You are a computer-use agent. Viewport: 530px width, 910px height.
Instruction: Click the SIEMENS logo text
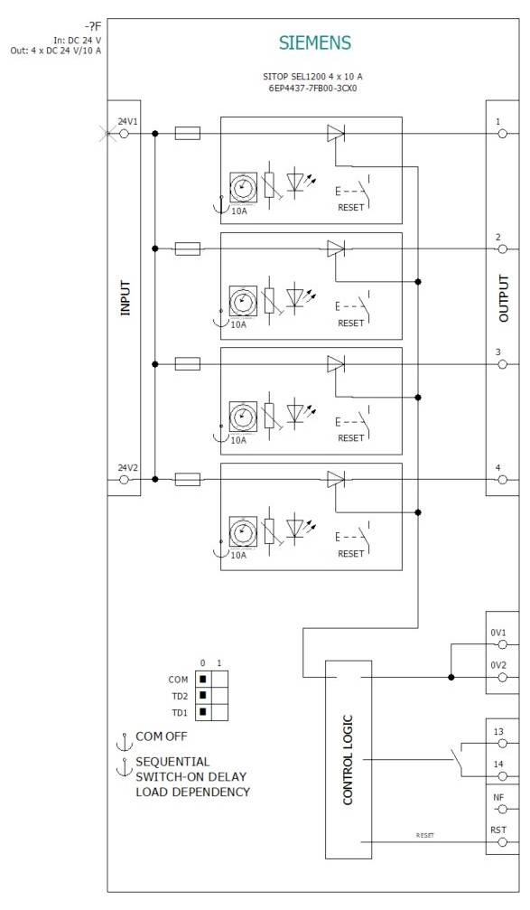tap(314, 42)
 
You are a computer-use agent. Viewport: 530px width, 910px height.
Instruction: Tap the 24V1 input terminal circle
tap(124, 134)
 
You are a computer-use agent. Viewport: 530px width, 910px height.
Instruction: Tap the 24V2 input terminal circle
tap(124, 480)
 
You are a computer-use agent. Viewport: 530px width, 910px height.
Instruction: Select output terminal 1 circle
tap(503, 134)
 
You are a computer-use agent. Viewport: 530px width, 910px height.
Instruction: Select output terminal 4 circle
tap(503, 480)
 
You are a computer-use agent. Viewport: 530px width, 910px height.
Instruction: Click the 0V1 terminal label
tap(499, 633)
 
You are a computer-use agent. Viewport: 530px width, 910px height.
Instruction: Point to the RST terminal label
tap(498, 829)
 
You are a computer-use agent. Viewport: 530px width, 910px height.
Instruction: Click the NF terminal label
tap(498, 797)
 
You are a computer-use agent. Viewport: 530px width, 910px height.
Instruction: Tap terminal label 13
tap(498, 732)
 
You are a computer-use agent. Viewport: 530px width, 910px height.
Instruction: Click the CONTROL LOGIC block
tap(348, 759)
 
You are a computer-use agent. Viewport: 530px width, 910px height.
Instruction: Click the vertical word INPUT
tap(125, 298)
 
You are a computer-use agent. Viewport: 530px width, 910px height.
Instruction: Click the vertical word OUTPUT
tap(504, 298)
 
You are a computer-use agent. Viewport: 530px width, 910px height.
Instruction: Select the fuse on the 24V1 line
tap(187, 134)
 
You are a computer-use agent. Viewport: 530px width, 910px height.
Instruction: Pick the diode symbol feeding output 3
tap(336, 364)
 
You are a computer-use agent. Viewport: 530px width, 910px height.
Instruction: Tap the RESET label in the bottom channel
tap(351, 553)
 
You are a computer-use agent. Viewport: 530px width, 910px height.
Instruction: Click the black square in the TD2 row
tap(203, 695)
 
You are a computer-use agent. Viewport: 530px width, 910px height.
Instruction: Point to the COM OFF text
tap(162, 736)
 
